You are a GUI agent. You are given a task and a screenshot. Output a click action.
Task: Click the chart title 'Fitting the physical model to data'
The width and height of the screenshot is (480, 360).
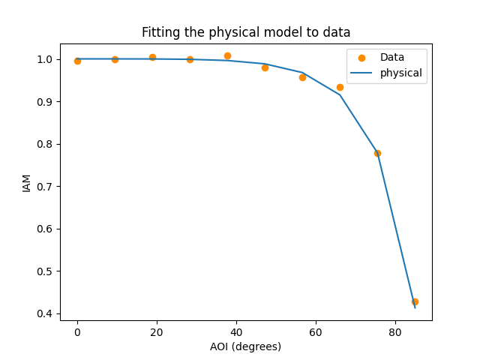coord(246,32)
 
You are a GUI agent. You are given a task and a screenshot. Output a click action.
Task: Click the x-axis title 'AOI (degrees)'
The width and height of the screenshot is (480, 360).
coord(246,346)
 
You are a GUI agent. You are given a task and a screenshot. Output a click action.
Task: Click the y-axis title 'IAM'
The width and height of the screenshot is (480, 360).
coord(27,182)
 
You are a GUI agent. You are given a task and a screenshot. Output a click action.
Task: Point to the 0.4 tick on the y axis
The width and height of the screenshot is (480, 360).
coord(60,313)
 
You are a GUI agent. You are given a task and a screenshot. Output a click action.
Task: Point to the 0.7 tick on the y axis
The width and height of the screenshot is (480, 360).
coord(60,186)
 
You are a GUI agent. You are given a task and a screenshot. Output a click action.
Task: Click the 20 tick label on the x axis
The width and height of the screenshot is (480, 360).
coord(157,331)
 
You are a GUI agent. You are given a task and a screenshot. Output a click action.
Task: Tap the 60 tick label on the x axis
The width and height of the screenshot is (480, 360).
coord(316,331)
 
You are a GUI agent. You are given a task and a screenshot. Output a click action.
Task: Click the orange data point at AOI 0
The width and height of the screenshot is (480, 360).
coord(77,61)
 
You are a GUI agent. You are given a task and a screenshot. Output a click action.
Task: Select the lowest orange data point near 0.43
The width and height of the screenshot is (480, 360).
coord(415,301)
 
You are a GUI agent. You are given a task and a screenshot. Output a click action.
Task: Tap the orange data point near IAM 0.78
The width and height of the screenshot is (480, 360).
coord(377,153)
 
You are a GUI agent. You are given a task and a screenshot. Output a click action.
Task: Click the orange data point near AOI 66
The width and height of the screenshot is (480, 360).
coord(340,87)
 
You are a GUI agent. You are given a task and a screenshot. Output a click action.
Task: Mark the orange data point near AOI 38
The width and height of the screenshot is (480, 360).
coord(227,55)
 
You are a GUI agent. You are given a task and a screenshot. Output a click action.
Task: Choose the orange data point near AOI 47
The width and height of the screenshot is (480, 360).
coord(265,67)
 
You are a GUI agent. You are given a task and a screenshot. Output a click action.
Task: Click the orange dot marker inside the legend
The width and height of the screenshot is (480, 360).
coord(361,58)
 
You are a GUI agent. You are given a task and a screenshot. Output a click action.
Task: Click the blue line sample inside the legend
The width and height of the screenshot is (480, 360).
coord(361,73)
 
